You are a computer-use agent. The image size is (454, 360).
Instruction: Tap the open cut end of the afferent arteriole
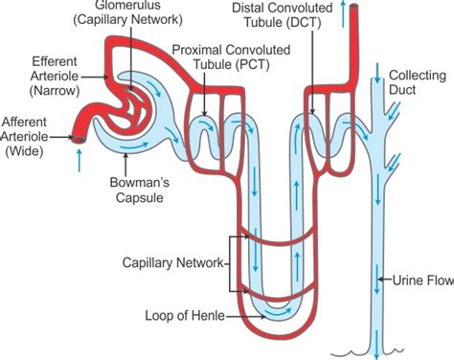[79, 138]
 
